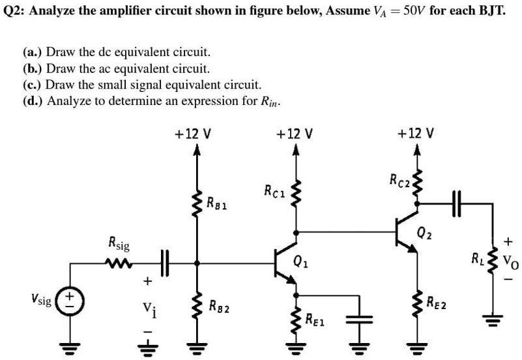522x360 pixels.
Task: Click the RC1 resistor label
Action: coord(274,191)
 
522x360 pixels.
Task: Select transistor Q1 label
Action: coord(300,263)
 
